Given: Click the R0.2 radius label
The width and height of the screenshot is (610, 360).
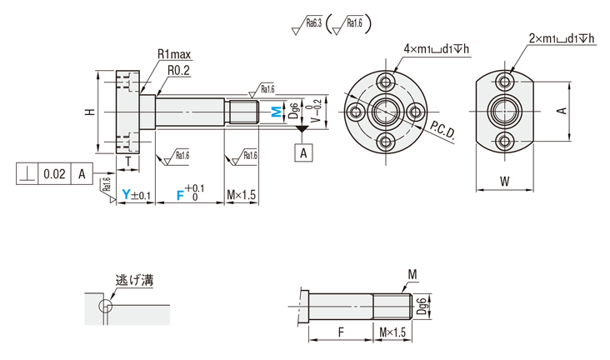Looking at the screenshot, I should [180, 71].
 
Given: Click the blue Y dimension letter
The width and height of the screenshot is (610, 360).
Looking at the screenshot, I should [126, 195].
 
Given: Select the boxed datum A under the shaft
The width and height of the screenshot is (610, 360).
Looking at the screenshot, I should [304, 152].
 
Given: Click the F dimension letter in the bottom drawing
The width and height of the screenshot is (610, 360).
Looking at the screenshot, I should [342, 332].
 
